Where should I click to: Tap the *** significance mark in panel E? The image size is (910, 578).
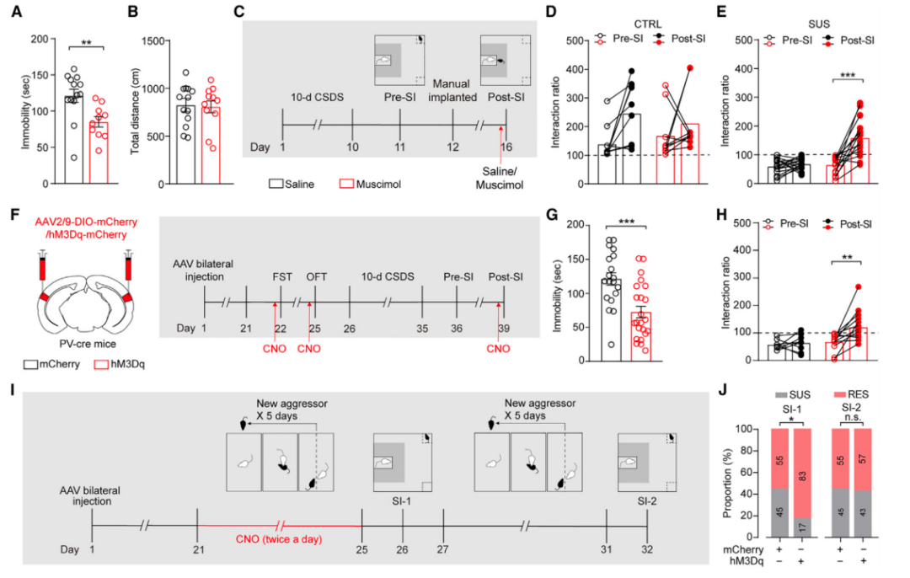click(846, 76)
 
